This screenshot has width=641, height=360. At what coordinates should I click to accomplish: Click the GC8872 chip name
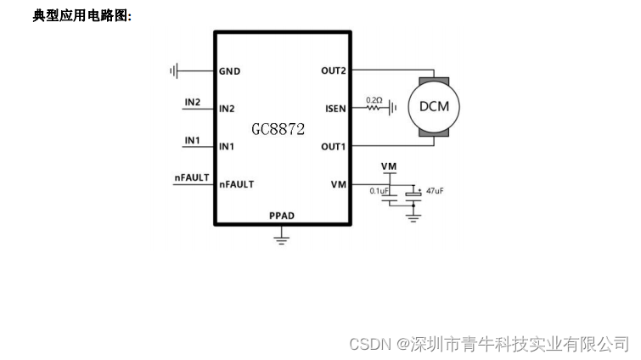pyautogui.click(x=278, y=129)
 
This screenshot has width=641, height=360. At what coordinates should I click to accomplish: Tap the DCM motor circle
pyautogui.click(x=434, y=107)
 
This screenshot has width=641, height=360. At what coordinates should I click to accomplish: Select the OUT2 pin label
pyautogui.click(x=334, y=70)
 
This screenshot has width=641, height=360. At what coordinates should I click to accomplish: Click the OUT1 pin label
pyautogui.click(x=334, y=146)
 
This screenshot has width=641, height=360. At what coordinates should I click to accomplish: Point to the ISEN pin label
pyautogui.click(x=335, y=109)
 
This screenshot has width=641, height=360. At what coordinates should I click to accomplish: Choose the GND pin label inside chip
pyautogui.click(x=229, y=70)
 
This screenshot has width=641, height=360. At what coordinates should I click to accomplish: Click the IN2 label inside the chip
pyautogui.click(x=227, y=109)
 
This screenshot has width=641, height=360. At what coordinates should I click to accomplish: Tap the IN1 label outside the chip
pyautogui.click(x=193, y=139)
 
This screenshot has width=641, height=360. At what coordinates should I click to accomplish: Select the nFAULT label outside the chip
pyautogui.click(x=191, y=177)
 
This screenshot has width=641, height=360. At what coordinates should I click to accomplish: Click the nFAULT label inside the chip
pyautogui.click(x=237, y=183)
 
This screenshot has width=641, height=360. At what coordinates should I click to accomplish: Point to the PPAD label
pyautogui.click(x=282, y=216)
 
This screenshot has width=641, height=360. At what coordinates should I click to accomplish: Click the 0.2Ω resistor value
pyautogui.click(x=374, y=99)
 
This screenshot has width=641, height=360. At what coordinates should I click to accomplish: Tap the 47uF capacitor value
pyautogui.click(x=434, y=192)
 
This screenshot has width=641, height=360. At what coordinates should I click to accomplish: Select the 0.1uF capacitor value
pyautogui.click(x=379, y=191)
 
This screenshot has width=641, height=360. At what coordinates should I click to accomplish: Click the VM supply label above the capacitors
pyautogui.click(x=389, y=166)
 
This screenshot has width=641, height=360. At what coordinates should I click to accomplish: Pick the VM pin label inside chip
pyautogui.click(x=339, y=183)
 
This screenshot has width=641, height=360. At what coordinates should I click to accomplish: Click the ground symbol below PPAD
pyautogui.click(x=282, y=240)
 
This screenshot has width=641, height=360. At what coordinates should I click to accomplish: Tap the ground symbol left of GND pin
pyautogui.click(x=174, y=70)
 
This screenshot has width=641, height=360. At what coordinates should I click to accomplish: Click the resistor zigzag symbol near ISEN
pyautogui.click(x=374, y=109)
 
